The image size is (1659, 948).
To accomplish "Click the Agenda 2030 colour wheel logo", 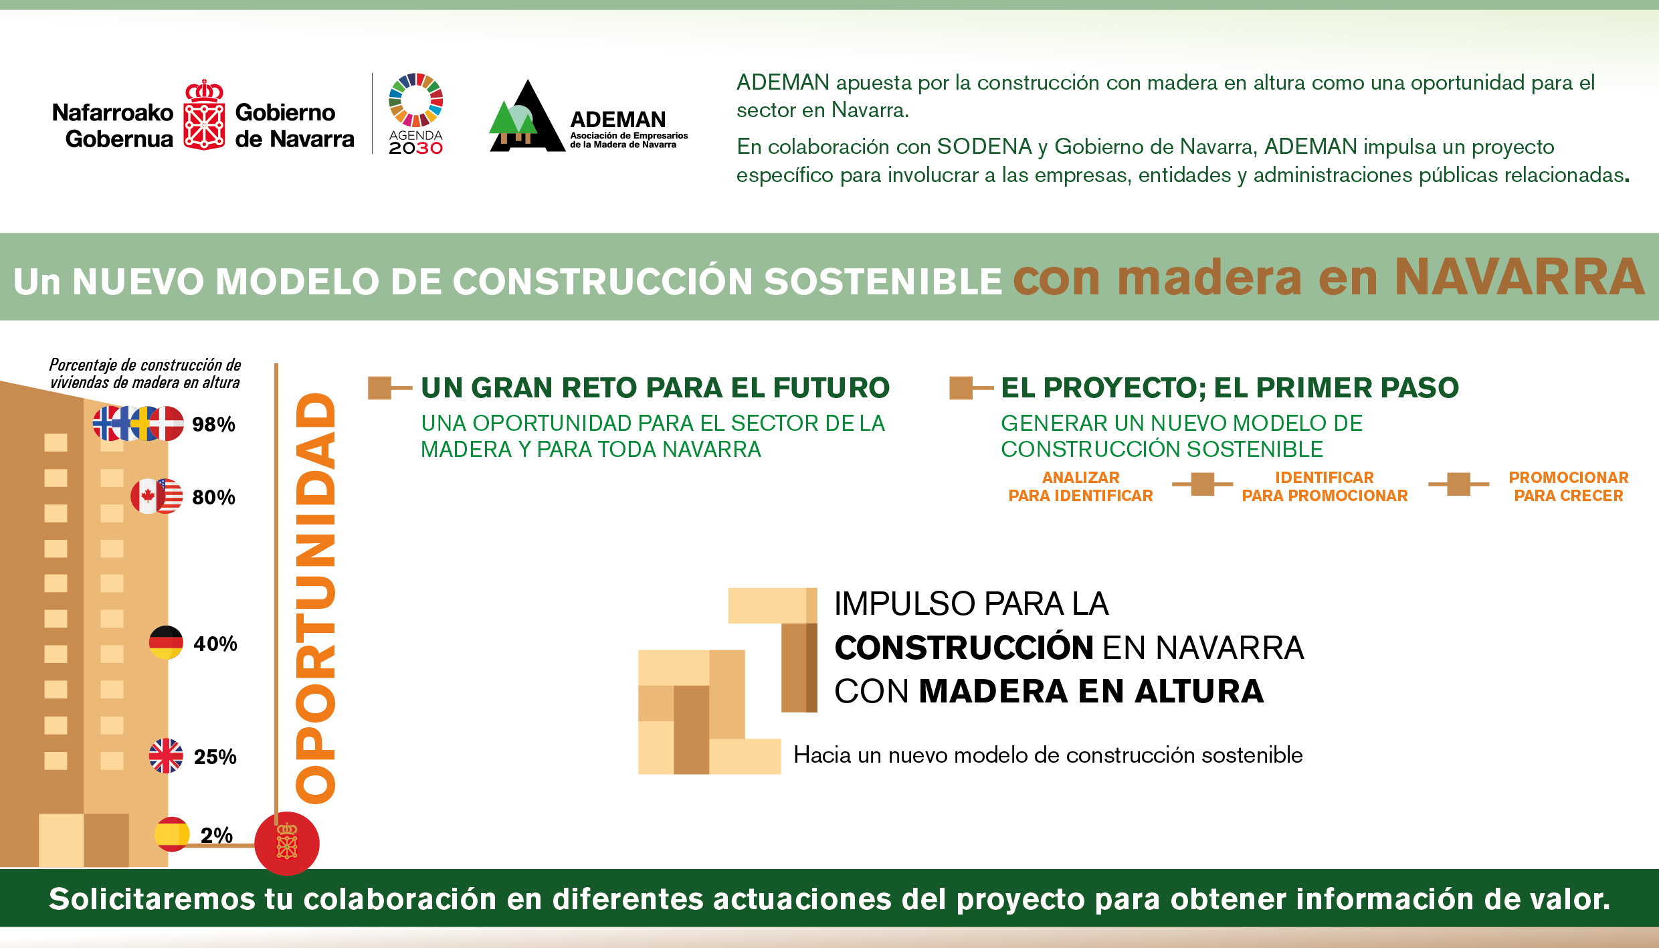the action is [416, 100].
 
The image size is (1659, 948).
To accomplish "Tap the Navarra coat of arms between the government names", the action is [204, 115].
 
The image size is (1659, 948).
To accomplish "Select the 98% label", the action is [213, 424].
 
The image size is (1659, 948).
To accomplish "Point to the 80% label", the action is [213, 497].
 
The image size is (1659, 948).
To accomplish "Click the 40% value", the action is [215, 644].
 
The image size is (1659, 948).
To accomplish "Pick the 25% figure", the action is [215, 757].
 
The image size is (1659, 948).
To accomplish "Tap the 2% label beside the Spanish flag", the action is [217, 835].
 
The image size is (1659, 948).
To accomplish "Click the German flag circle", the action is [166, 642].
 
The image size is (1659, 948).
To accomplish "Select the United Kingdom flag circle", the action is [166, 755].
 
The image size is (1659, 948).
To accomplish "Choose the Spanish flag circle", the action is [172, 834].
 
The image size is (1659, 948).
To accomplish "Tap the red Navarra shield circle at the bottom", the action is [287, 843].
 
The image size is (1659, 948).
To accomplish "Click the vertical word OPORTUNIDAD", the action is [315, 597].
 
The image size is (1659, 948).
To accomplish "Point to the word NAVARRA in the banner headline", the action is [1519, 277].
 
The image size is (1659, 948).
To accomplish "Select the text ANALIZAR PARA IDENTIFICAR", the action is [1080, 486].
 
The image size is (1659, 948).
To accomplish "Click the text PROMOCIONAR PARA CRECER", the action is [1569, 486].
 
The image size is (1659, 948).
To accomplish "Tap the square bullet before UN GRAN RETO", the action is [379, 387].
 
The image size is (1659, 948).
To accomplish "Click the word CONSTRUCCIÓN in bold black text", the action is [964, 648].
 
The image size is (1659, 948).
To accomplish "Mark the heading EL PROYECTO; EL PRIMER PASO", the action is [1230, 387].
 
